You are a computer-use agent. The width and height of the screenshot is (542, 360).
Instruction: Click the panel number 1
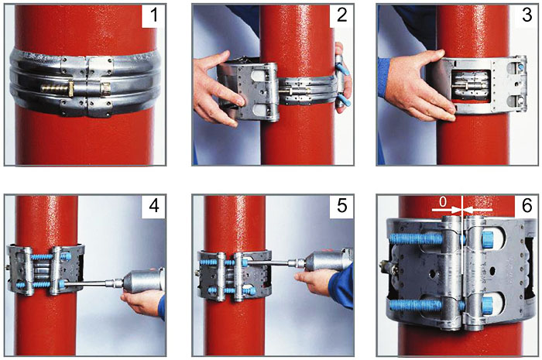click(x=154, y=15)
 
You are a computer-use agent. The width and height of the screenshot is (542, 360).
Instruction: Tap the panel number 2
click(x=341, y=15)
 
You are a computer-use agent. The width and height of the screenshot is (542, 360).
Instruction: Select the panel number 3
click(x=527, y=15)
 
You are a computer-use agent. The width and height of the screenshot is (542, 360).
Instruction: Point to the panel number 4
click(x=154, y=206)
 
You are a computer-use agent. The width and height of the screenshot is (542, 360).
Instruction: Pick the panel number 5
click(x=341, y=206)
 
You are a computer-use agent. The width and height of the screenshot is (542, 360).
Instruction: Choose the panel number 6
click(x=527, y=206)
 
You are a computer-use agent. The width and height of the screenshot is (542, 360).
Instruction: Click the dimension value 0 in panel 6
click(x=443, y=203)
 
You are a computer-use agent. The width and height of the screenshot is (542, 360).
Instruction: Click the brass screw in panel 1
click(x=57, y=87)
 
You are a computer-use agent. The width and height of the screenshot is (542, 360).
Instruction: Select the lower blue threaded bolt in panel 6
click(x=416, y=305)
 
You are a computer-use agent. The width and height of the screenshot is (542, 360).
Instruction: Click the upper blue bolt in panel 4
click(x=51, y=257)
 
